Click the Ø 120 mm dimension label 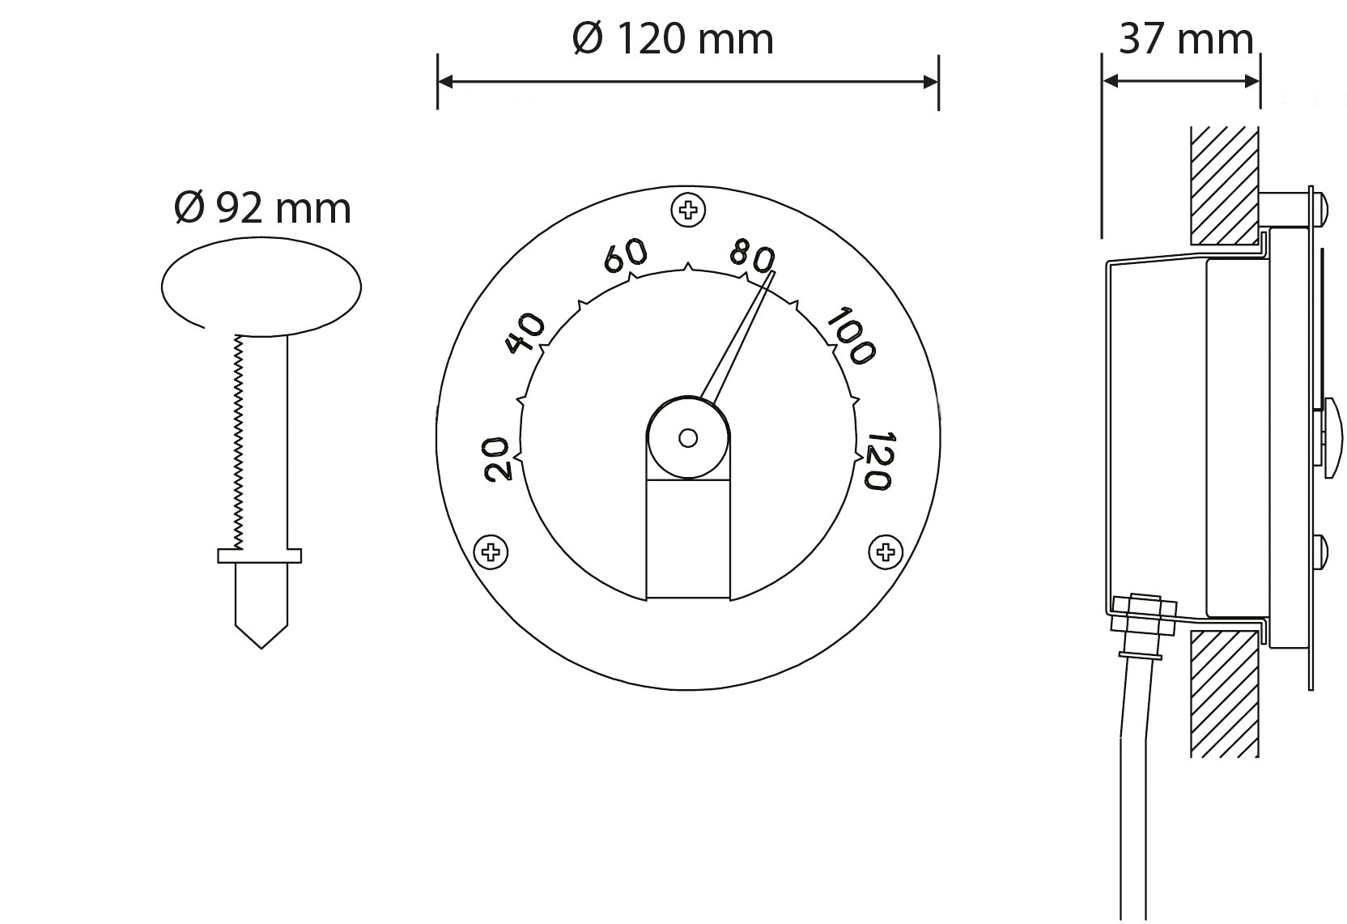673,38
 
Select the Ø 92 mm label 262,208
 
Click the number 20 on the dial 496,458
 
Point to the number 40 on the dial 525,333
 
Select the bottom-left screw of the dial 491,552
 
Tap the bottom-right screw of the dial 886,552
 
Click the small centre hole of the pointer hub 688,438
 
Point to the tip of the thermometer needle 773,274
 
